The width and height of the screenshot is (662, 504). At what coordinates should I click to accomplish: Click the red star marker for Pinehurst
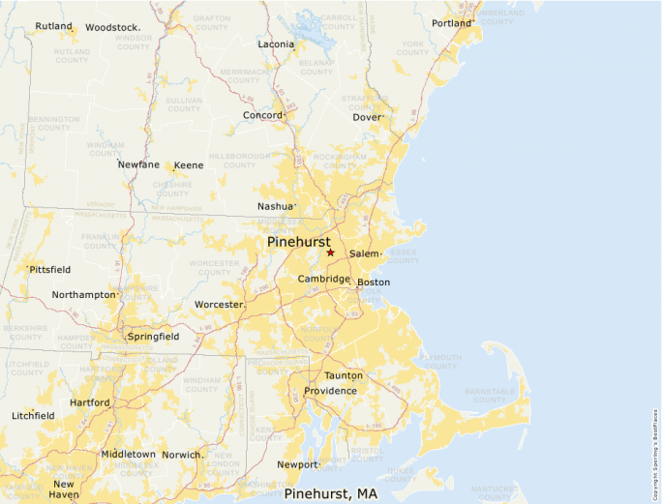tap(330, 252)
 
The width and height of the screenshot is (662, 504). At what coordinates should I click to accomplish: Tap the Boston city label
tap(374, 282)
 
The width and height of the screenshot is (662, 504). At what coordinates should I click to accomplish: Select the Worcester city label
tap(219, 305)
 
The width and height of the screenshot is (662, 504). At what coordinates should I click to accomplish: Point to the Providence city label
tap(330, 391)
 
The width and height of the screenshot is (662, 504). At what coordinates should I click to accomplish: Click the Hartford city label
tap(89, 402)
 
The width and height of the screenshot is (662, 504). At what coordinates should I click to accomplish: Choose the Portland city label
tap(451, 23)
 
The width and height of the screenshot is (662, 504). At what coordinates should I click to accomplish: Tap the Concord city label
tap(262, 115)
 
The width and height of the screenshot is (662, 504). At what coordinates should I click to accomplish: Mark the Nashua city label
tap(275, 207)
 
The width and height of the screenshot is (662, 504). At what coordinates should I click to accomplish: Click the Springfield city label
tap(153, 337)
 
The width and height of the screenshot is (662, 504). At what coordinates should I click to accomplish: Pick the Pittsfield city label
tap(50, 269)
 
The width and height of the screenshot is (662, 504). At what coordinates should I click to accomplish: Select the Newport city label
tap(297, 464)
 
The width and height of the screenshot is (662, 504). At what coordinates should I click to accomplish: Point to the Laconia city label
tap(276, 44)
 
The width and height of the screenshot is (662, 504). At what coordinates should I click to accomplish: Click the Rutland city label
tap(53, 26)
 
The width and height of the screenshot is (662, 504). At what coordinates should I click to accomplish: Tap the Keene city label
tap(188, 165)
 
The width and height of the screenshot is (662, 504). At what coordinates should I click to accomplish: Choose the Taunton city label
tap(344, 375)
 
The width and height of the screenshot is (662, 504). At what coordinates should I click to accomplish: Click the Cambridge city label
tap(323, 279)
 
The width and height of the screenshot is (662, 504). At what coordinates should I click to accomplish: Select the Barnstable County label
tap(492, 395)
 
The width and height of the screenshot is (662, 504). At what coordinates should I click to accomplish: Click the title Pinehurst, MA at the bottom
tap(330, 494)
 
